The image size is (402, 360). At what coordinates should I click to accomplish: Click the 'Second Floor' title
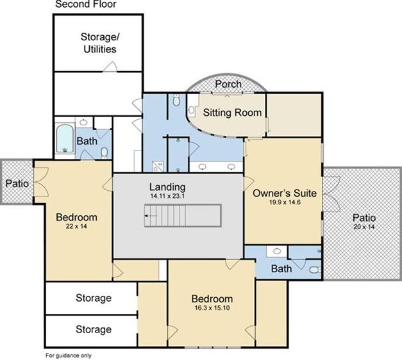86,4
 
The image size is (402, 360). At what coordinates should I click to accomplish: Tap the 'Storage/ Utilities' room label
100,43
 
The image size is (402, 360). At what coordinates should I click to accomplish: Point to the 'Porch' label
228,84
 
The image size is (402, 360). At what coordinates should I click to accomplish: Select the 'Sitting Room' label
232,113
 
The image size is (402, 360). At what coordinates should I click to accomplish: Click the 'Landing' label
167,187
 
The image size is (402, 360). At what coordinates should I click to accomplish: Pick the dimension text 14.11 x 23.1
167,196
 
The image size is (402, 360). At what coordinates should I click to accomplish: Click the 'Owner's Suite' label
285,193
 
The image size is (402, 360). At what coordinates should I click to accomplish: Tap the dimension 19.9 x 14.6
285,202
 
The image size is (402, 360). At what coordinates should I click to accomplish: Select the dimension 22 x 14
76,226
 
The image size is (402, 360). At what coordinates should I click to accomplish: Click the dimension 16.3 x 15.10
212,307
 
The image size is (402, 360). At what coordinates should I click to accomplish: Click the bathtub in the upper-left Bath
65,138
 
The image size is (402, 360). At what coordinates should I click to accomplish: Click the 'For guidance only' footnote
69,356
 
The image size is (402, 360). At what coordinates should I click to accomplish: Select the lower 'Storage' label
94,329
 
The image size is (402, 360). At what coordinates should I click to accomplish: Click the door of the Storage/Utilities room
110,67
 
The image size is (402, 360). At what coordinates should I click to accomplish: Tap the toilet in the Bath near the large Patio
315,270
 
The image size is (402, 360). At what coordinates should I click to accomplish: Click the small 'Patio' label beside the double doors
17,183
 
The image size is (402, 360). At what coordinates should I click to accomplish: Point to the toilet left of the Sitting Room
176,100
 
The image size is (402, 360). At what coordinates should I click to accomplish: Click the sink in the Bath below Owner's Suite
276,251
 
